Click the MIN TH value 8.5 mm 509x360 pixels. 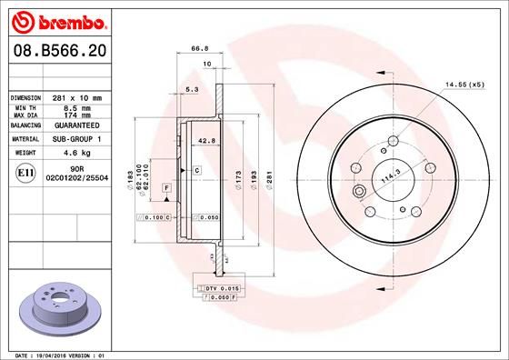pos(76,107)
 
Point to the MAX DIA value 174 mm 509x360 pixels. pos(76,115)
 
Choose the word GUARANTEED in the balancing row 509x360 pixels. pos(76,126)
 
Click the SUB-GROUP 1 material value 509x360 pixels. pos(76,140)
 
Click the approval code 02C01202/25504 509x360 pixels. pos(76,178)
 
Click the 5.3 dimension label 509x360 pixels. pos(191,91)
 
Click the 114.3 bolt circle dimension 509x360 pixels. pos(389,181)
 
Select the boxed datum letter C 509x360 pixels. pos(196,171)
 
